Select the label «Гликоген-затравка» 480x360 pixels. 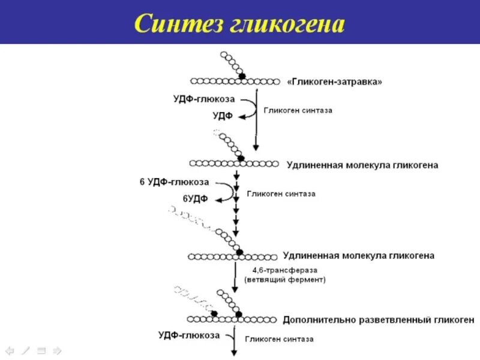(x=335, y=82)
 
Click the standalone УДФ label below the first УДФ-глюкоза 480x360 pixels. (x=223, y=116)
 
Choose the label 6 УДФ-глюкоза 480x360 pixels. (x=175, y=182)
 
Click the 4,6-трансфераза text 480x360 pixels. (x=280, y=270)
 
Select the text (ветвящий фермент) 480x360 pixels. (x=284, y=280)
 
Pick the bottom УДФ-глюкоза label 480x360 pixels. (x=189, y=335)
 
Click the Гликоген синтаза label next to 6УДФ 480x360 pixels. (x=281, y=194)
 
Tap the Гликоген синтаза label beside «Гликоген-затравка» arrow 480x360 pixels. (x=298, y=110)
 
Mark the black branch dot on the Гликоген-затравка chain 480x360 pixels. (x=242, y=76)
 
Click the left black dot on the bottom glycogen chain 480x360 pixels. (x=213, y=314)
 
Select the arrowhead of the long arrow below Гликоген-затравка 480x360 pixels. (x=256, y=147)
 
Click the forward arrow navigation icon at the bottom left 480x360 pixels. (x=58, y=349)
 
